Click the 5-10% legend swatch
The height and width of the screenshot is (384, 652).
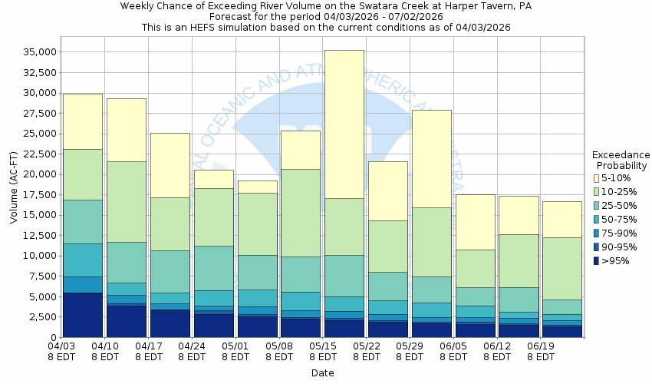point(597,178)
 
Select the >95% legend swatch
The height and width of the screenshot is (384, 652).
point(597,261)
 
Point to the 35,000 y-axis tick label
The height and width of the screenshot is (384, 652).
point(39,52)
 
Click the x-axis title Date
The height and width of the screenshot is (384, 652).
point(322,373)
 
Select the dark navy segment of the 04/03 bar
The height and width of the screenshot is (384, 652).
point(82,315)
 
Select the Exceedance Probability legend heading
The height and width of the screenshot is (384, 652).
point(621,160)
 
